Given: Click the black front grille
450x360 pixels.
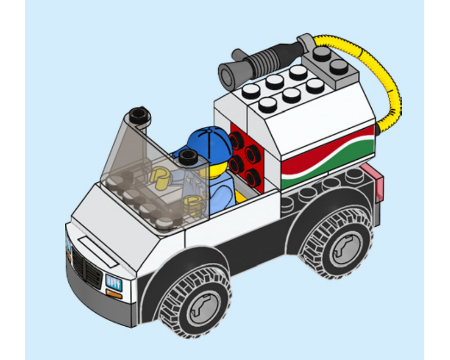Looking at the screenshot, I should point(88,266).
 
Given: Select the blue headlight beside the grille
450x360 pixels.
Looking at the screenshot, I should point(113,283).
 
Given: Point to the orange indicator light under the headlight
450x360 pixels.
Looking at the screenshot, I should point(113,294).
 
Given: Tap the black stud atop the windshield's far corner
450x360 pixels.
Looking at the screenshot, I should point(139,115).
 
